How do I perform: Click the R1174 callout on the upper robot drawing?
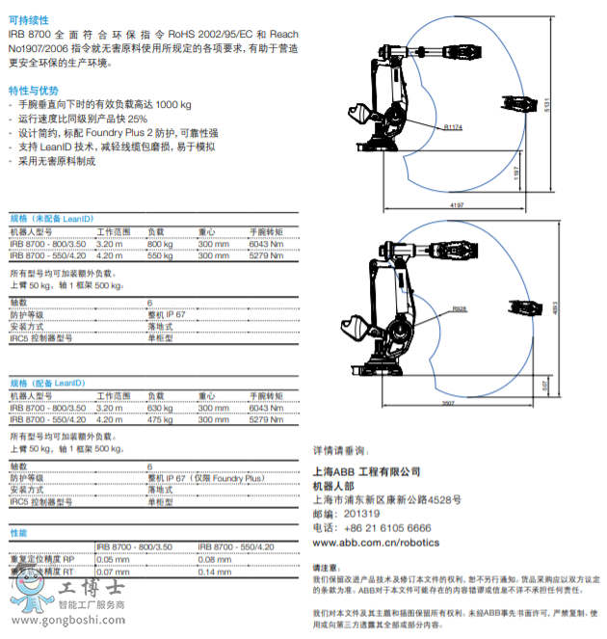[x=454, y=126]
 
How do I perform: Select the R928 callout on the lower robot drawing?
[x=459, y=307]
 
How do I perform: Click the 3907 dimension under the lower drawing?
[x=449, y=402]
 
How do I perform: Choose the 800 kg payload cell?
[x=160, y=244]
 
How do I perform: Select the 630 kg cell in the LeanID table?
[x=160, y=408]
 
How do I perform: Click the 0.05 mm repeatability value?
[x=113, y=559]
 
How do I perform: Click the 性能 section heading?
[x=18, y=532]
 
